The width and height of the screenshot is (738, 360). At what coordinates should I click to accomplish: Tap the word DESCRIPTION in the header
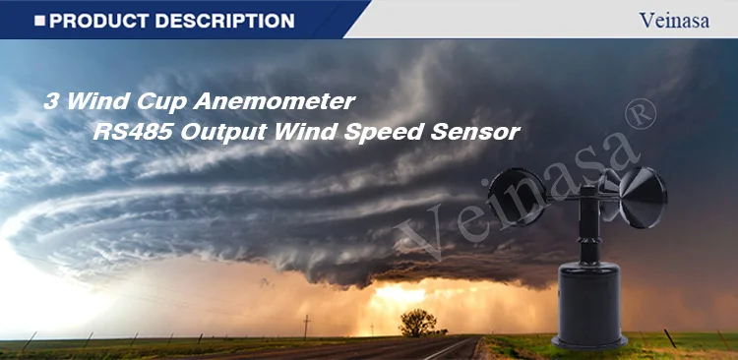(225, 20)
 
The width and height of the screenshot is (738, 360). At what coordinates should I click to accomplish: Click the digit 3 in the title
(51, 101)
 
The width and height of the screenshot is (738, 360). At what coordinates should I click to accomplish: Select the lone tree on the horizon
(417, 321)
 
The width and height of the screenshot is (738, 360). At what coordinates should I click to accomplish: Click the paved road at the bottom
(433, 350)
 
